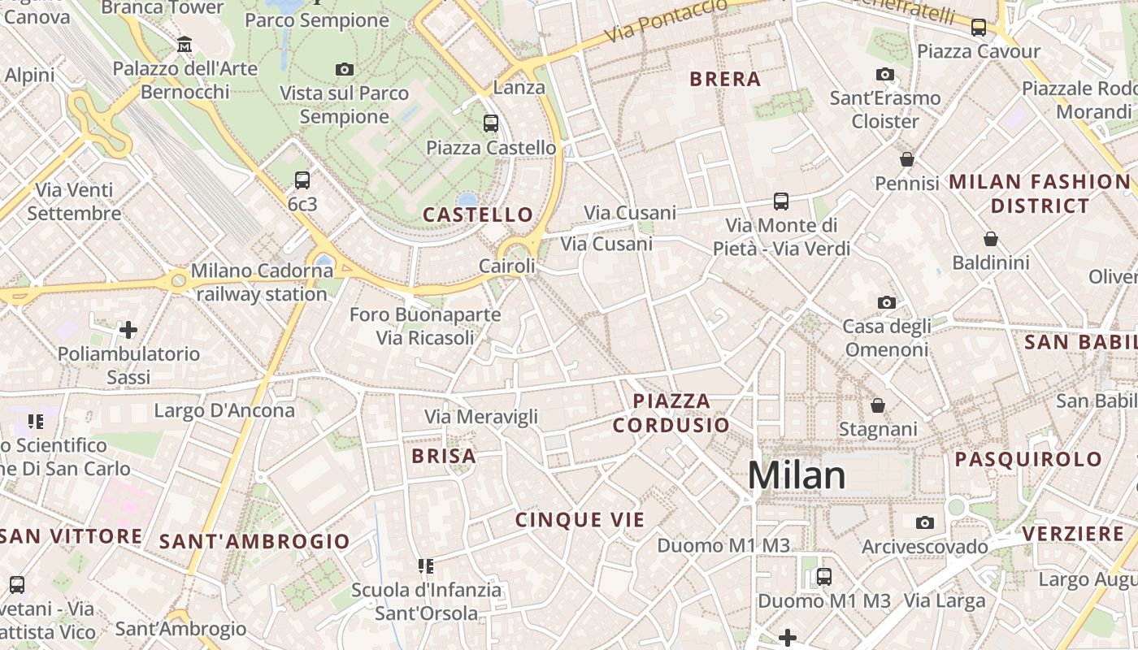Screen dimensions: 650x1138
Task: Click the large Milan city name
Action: pyautogui.click(x=797, y=475)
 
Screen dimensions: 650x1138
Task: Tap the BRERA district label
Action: pyautogui.click(x=725, y=79)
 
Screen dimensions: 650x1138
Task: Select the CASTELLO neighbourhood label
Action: pyautogui.click(x=478, y=214)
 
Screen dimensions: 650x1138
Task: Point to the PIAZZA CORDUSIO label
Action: pyautogui.click(x=671, y=413)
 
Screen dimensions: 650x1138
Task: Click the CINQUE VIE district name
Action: pyautogui.click(x=580, y=520)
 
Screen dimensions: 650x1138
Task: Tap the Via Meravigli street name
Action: pyautogui.click(x=481, y=417)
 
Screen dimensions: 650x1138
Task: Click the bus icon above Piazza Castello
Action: pyautogui.click(x=491, y=123)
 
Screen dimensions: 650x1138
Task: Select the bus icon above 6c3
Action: pyautogui.click(x=302, y=180)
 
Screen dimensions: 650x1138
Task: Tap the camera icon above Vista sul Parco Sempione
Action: pyautogui.click(x=345, y=70)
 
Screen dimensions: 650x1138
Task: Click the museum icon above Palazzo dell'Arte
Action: pyautogui.click(x=185, y=44)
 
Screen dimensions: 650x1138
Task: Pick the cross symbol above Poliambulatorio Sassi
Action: pyautogui.click(x=128, y=330)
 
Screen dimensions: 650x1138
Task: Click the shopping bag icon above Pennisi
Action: pyautogui.click(x=907, y=159)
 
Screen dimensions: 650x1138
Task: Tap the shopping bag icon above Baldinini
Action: pyautogui.click(x=990, y=239)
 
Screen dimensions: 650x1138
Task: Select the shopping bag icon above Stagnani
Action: pyautogui.click(x=878, y=405)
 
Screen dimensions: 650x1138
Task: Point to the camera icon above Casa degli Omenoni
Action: pyautogui.click(x=886, y=303)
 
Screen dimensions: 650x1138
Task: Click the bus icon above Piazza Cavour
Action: pyautogui.click(x=979, y=28)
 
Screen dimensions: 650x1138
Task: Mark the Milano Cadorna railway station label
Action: pyautogui.click(x=260, y=282)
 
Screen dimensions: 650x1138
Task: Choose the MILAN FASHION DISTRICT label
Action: pyautogui.click(x=1040, y=193)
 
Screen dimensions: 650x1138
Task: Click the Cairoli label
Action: pyautogui.click(x=507, y=266)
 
